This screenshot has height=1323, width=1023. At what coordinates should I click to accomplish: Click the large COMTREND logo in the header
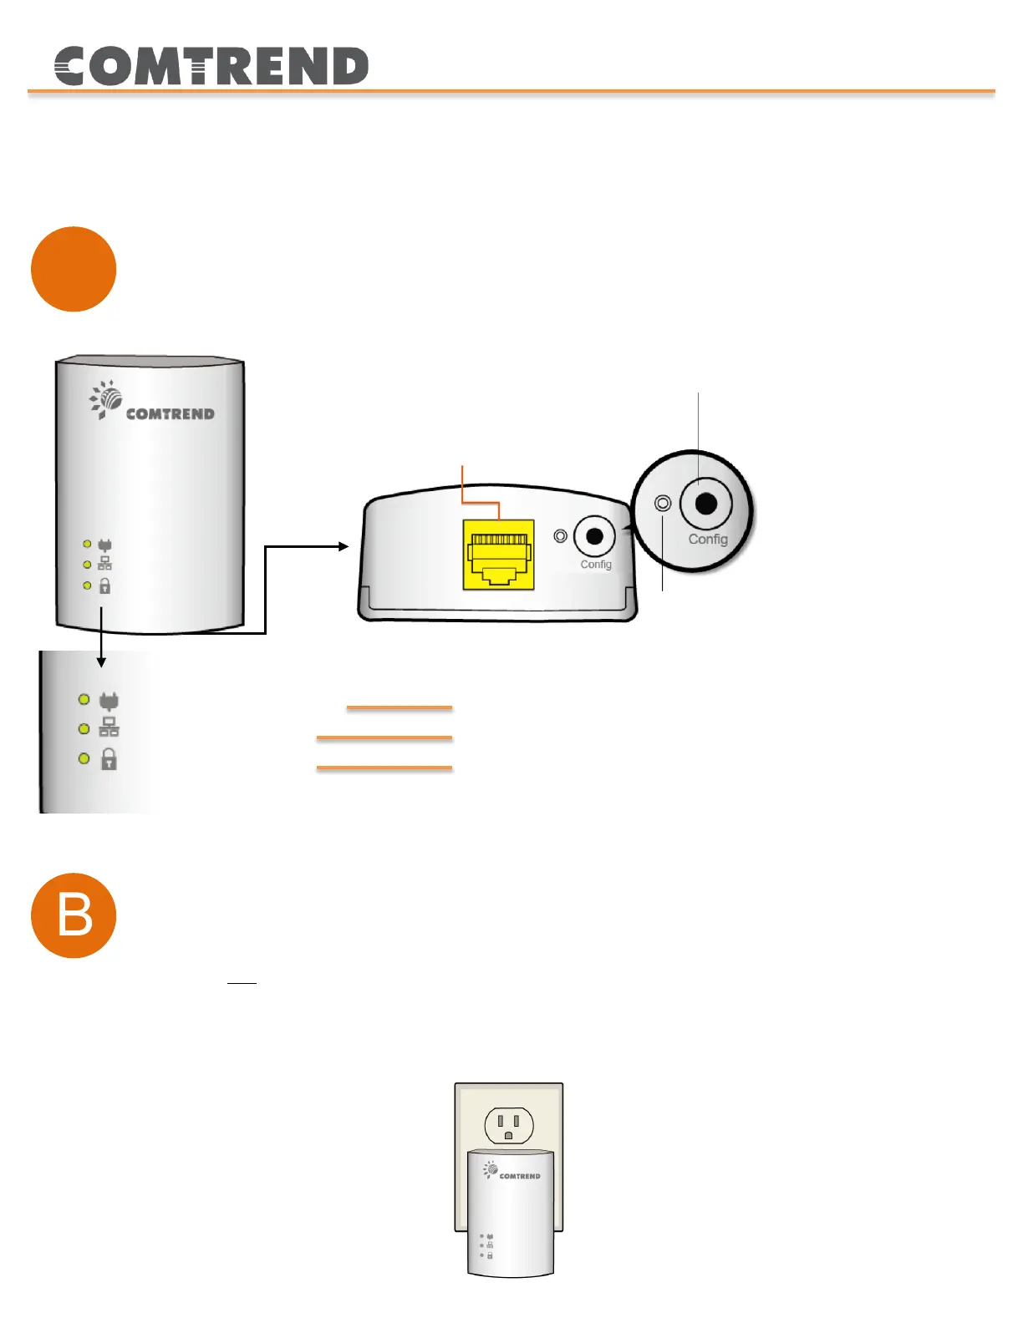click(x=211, y=66)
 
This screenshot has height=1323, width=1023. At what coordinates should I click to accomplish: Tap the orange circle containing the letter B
click(x=74, y=915)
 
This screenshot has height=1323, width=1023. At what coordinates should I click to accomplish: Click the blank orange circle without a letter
click(x=74, y=269)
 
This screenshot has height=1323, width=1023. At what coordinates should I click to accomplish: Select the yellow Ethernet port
click(x=498, y=555)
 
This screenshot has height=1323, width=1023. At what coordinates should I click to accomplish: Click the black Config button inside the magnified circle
click(x=706, y=504)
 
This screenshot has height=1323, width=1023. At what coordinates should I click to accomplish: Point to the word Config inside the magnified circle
click(x=708, y=540)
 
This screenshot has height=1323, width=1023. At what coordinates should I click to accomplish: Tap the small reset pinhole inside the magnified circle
click(x=663, y=504)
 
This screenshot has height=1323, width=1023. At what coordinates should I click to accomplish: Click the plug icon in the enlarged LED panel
click(x=109, y=700)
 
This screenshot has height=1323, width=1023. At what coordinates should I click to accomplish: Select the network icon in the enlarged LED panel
click(x=109, y=727)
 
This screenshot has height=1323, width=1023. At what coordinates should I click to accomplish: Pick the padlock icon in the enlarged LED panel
click(x=109, y=758)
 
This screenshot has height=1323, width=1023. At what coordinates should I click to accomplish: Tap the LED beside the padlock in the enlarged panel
click(x=84, y=758)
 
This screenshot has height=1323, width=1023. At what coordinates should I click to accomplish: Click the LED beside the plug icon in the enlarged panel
click(x=84, y=699)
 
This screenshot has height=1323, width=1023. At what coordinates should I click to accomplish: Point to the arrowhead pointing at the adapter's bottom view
click(x=344, y=546)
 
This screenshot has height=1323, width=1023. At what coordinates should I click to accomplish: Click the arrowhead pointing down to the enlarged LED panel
click(x=101, y=661)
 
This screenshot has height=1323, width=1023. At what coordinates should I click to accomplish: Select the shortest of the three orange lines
click(x=400, y=707)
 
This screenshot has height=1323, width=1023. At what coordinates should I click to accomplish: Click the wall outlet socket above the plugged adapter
click(x=508, y=1126)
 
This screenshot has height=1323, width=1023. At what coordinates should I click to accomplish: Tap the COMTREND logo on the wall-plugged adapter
click(x=511, y=1172)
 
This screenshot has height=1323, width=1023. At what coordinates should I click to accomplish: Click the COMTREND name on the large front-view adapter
click(x=170, y=413)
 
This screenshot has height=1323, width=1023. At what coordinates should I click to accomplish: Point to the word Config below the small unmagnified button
click(x=596, y=565)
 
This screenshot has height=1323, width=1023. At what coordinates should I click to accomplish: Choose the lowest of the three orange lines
click(x=384, y=767)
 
